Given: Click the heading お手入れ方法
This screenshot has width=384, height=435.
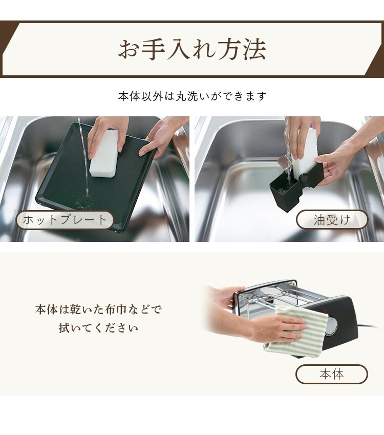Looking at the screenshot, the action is (x=192, y=49).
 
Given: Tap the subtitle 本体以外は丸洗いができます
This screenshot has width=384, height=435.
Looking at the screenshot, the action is (x=192, y=96).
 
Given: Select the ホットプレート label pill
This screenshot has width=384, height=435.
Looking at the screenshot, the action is (x=65, y=220).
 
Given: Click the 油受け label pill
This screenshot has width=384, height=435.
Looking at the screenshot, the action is (x=332, y=220).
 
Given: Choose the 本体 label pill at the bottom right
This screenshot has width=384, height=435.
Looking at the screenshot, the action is (x=332, y=374).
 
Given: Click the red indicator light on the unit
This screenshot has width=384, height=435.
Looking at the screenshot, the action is (x=325, y=311).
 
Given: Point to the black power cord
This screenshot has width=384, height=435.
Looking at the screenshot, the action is (x=368, y=326).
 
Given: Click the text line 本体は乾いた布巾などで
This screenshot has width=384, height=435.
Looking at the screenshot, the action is (x=98, y=309).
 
